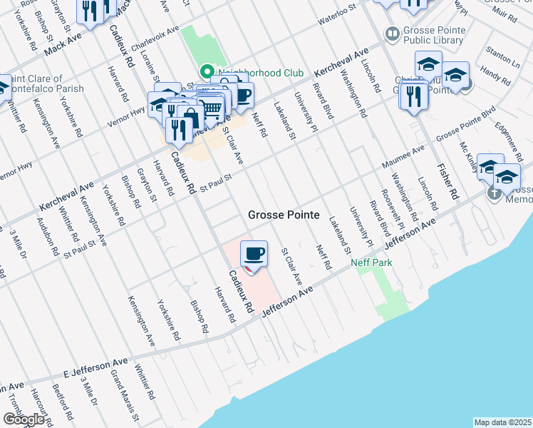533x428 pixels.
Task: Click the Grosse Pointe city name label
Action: [x=284, y=215]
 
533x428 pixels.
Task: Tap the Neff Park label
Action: [x=371, y=263]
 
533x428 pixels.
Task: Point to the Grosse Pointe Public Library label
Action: [x=435, y=36]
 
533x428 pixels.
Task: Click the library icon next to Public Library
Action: [x=391, y=33]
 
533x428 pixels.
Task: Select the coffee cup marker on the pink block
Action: [x=254, y=254]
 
